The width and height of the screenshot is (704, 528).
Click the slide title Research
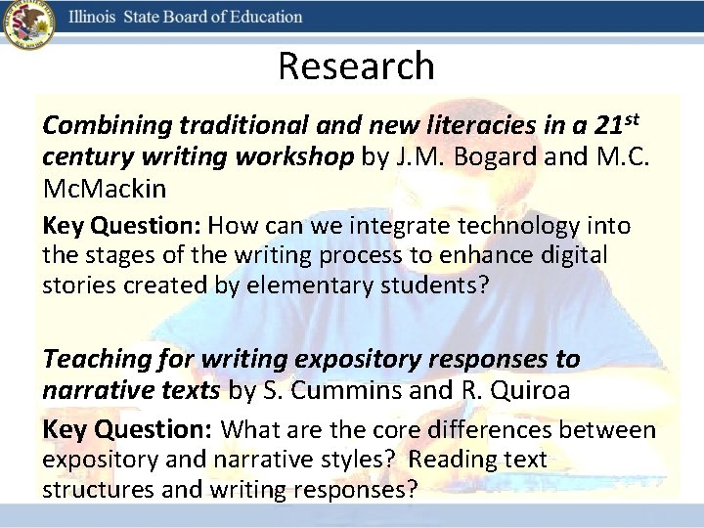pyautogui.click(x=356, y=66)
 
